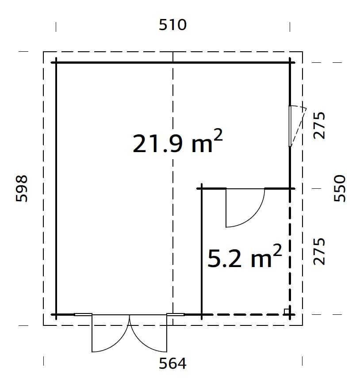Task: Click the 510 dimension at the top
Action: coord(172,25)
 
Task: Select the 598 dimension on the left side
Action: coord(22,188)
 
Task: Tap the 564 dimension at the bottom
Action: coord(172,363)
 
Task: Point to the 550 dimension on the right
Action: coord(339,188)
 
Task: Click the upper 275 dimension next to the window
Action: coord(319,126)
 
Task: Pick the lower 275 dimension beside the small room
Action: coord(319,252)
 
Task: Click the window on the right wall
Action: coord(291,126)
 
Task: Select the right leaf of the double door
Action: coord(148,333)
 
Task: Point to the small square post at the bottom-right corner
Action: coord(287,311)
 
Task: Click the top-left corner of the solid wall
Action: coord(56,63)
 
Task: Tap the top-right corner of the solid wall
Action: coord(290,63)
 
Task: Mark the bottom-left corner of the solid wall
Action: coord(56,314)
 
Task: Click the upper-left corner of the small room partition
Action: coord(202,189)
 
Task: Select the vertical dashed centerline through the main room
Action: coord(173,221)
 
